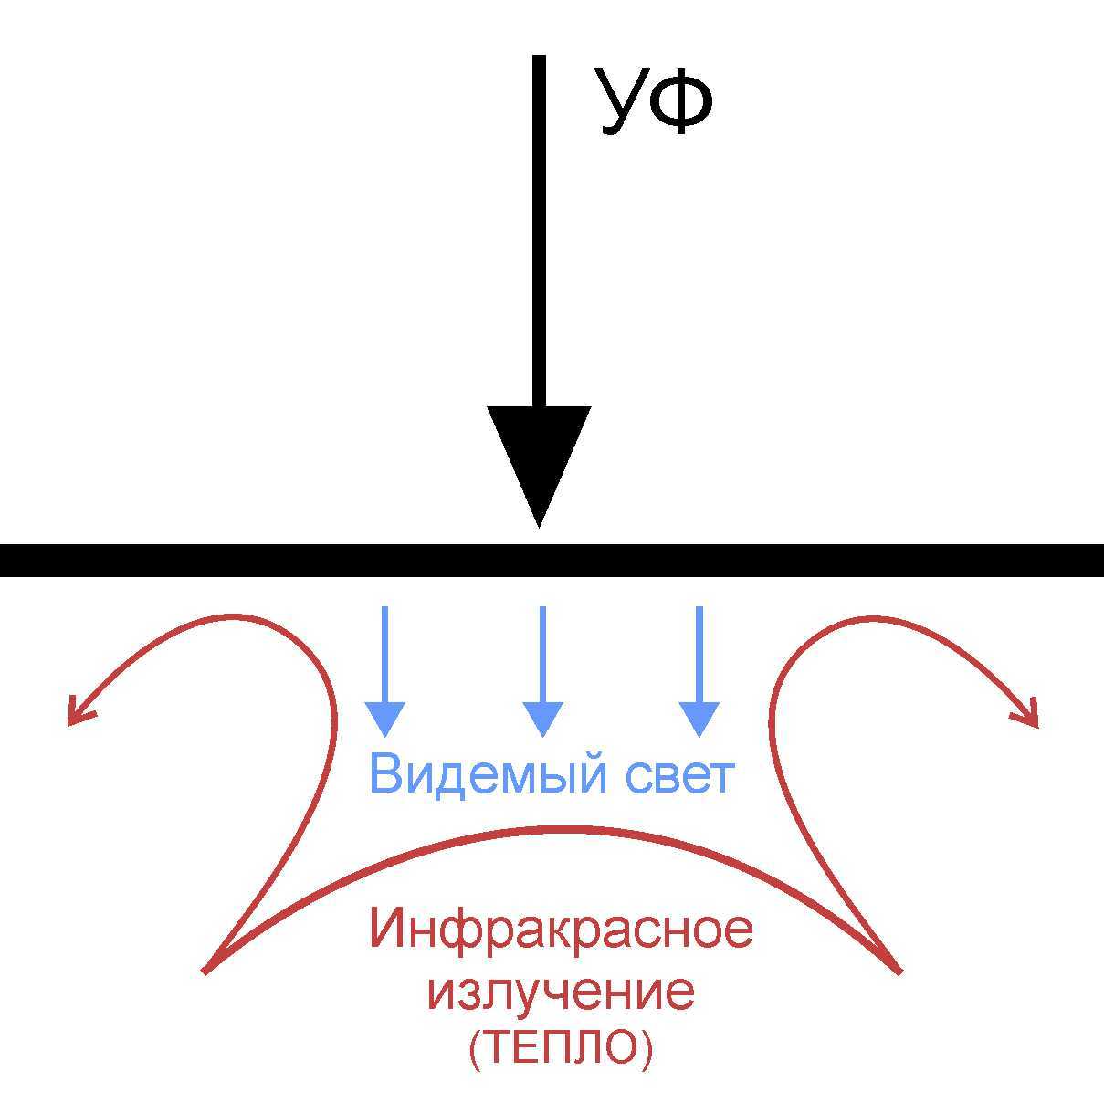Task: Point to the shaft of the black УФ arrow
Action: (x=539, y=228)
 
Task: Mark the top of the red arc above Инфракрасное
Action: (x=552, y=829)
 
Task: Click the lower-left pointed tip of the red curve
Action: (x=206, y=970)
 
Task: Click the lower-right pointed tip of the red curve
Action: (x=899, y=970)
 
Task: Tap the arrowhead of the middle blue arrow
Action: (x=542, y=718)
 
